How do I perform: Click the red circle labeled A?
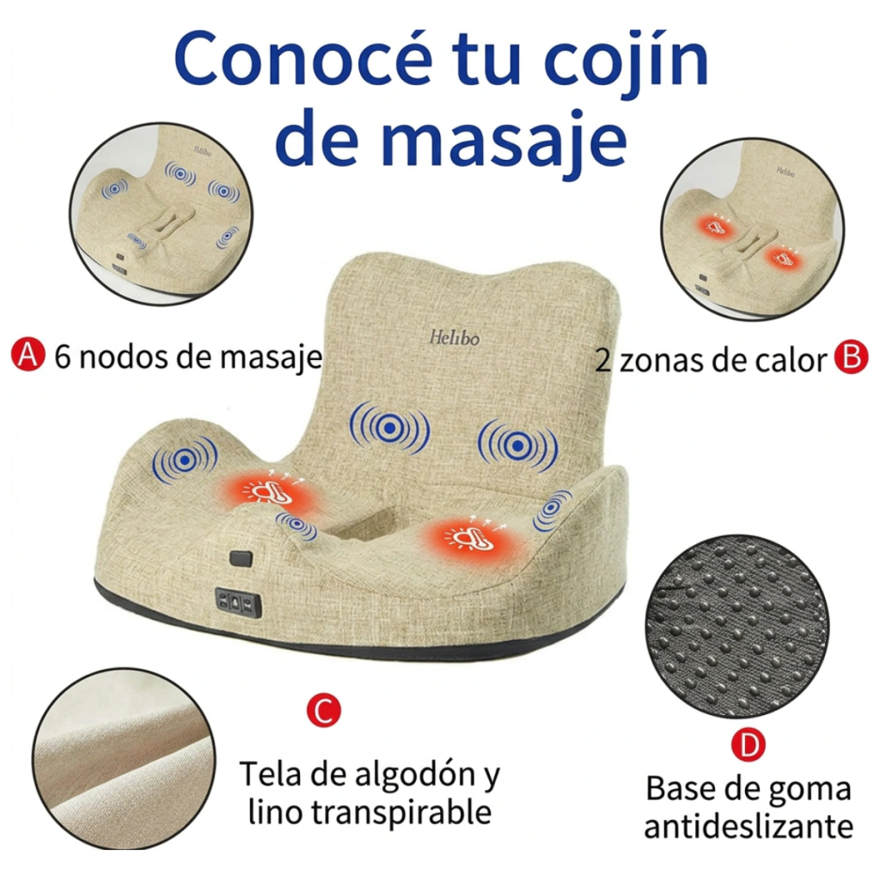tap(28, 354)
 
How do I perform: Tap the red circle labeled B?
tap(852, 357)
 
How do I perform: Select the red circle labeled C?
tap(324, 710)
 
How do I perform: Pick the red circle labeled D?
tap(749, 745)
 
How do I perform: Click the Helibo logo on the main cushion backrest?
tap(455, 338)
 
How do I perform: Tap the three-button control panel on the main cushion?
tap(239, 602)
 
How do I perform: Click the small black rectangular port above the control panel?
tap(241, 559)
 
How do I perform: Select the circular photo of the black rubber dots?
tap(737, 626)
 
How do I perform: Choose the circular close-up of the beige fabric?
tap(124, 758)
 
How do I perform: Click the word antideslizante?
tap(749, 826)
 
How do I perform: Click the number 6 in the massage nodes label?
tap(62, 357)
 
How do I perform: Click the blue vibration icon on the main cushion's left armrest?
tap(185, 460)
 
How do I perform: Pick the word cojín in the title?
tap(626, 63)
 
